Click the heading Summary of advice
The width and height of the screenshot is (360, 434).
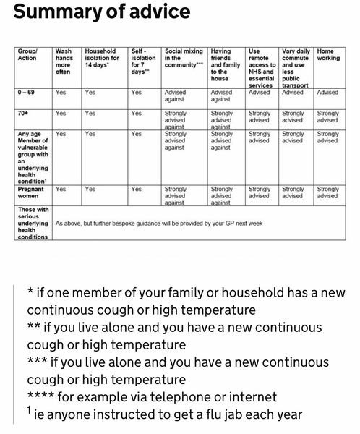click(102, 12)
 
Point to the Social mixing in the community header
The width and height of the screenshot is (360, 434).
click(184, 56)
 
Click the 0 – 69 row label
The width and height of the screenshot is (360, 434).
click(29, 93)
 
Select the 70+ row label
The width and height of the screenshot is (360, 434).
click(23, 114)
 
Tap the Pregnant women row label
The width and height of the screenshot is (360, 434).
click(32, 192)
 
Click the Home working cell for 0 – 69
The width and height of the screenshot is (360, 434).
click(327, 93)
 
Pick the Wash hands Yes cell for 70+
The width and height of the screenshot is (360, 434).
click(61, 114)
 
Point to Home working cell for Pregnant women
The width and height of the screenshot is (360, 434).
click(327, 192)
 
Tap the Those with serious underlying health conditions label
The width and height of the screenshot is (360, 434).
click(33, 223)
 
